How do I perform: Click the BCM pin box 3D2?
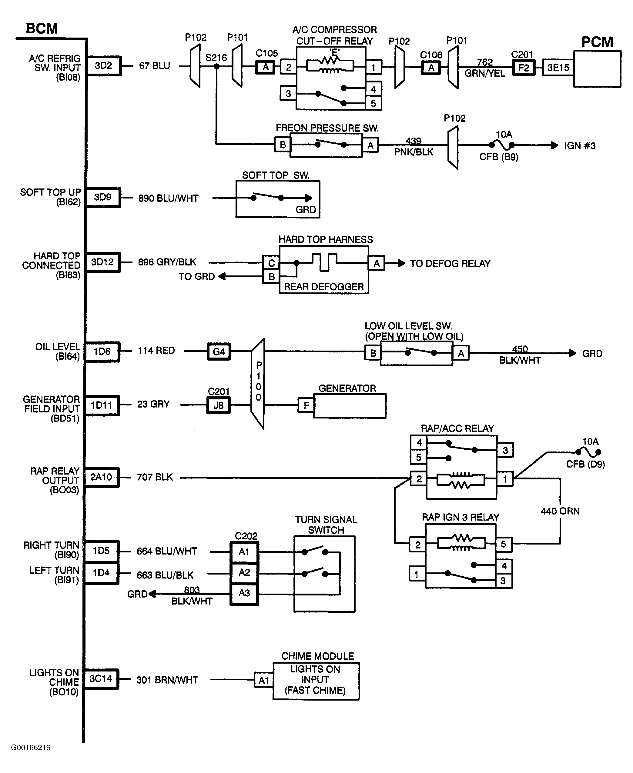[x=104, y=65]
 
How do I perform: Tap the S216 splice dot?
[x=216, y=66]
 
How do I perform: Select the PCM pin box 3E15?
[x=558, y=68]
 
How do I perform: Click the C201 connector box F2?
[x=524, y=68]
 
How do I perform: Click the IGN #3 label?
[x=580, y=146]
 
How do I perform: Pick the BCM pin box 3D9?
[x=102, y=197]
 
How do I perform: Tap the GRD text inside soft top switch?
[x=306, y=210]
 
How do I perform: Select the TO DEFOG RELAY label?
[x=450, y=264]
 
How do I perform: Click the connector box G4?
[x=219, y=352]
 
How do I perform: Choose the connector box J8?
[x=218, y=405]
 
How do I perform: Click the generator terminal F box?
[x=306, y=405]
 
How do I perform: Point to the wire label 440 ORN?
[x=560, y=511]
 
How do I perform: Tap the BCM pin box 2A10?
[x=101, y=477]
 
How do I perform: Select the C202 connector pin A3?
[x=244, y=593]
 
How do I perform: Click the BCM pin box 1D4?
[x=101, y=573]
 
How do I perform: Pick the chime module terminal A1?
[x=264, y=680]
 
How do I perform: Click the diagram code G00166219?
[x=31, y=748]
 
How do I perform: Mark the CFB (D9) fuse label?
[x=585, y=464]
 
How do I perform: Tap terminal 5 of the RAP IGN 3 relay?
[x=503, y=544]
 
